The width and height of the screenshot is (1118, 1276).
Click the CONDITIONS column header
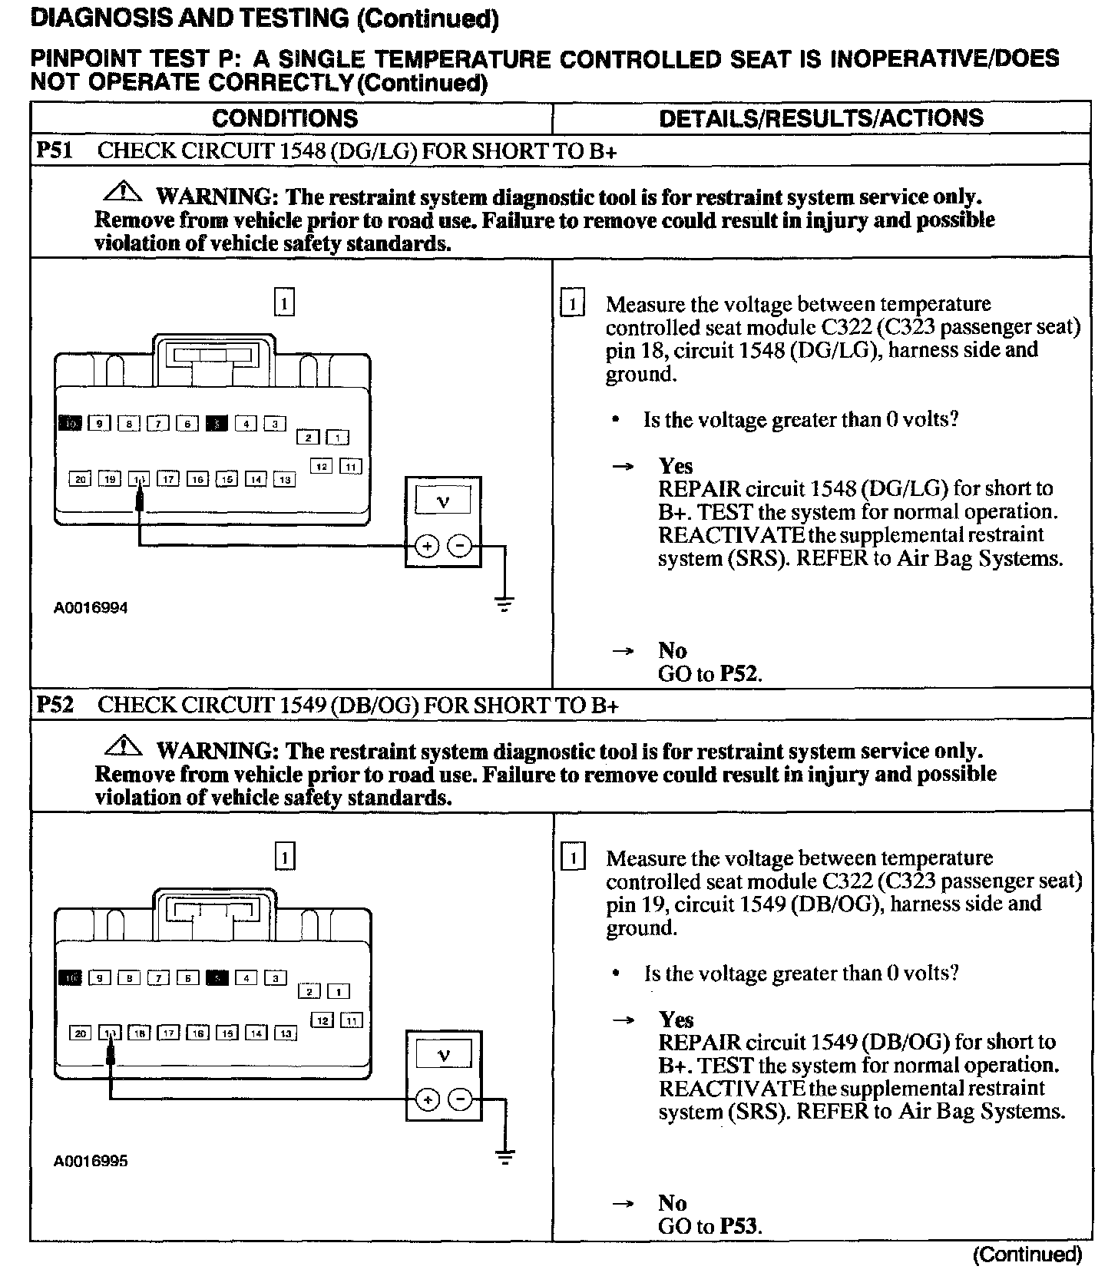(285, 118)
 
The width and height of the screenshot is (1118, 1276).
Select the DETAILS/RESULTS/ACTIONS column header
(821, 118)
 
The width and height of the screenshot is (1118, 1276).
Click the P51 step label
(55, 150)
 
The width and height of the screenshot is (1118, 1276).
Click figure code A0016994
(91, 608)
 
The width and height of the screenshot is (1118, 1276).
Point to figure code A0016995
(91, 1161)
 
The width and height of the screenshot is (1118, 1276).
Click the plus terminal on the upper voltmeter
(427, 547)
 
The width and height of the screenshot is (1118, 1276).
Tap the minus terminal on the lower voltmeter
(460, 1100)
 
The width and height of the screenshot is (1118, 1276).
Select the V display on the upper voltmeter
(443, 502)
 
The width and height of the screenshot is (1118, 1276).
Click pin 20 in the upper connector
(81, 479)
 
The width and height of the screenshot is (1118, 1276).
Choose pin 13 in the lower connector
(285, 1033)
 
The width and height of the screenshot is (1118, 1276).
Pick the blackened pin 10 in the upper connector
(70, 423)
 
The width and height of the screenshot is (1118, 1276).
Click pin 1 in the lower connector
(339, 992)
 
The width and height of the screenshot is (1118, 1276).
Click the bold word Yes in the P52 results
(676, 1020)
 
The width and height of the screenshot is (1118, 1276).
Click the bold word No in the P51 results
(672, 650)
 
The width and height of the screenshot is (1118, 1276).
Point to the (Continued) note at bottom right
(1027, 1255)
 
